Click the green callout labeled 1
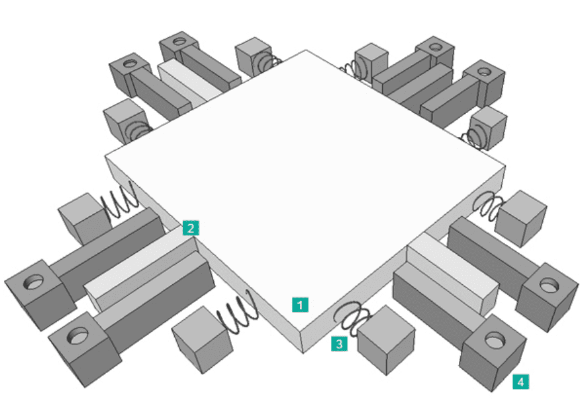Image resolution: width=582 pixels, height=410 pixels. tap(301, 304)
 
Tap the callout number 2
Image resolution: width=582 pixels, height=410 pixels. tap(190, 229)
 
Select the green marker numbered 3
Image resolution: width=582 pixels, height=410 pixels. tap(339, 343)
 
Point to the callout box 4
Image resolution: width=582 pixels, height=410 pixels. tap(521, 381)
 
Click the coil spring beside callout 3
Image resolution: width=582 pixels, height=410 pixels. tap(352, 317)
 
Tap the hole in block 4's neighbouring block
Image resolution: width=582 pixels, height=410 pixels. tap(548, 285)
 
